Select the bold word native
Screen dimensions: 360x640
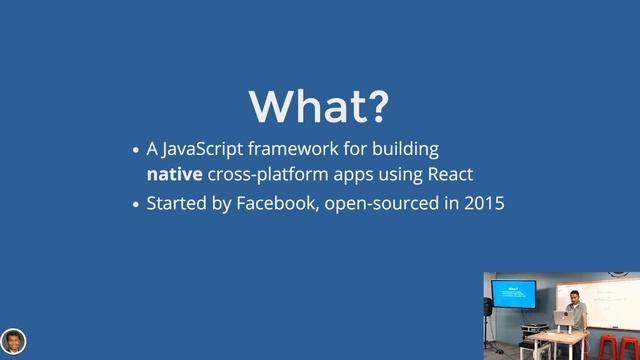click(x=174, y=175)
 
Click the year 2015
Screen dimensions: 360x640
click(x=483, y=204)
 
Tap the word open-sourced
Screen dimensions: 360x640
click(x=380, y=204)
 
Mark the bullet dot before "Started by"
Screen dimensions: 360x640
click(x=138, y=205)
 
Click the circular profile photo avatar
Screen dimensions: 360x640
click(x=13, y=340)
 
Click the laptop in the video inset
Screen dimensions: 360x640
click(x=562, y=316)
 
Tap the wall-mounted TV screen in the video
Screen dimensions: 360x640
click(x=513, y=294)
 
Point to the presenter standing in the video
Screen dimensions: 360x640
click(x=574, y=305)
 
